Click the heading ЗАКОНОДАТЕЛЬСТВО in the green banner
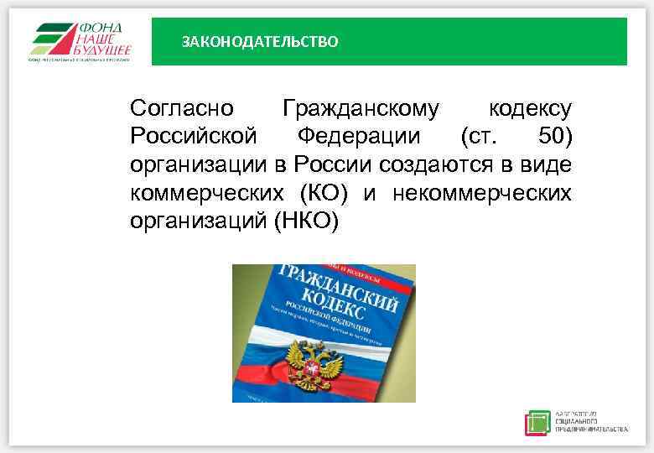[x=260, y=41]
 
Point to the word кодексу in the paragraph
[x=530, y=109]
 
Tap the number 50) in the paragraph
[x=553, y=138]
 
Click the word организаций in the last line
[x=198, y=223]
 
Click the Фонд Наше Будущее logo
[x=81, y=39]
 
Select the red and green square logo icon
[x=538, y=422]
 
